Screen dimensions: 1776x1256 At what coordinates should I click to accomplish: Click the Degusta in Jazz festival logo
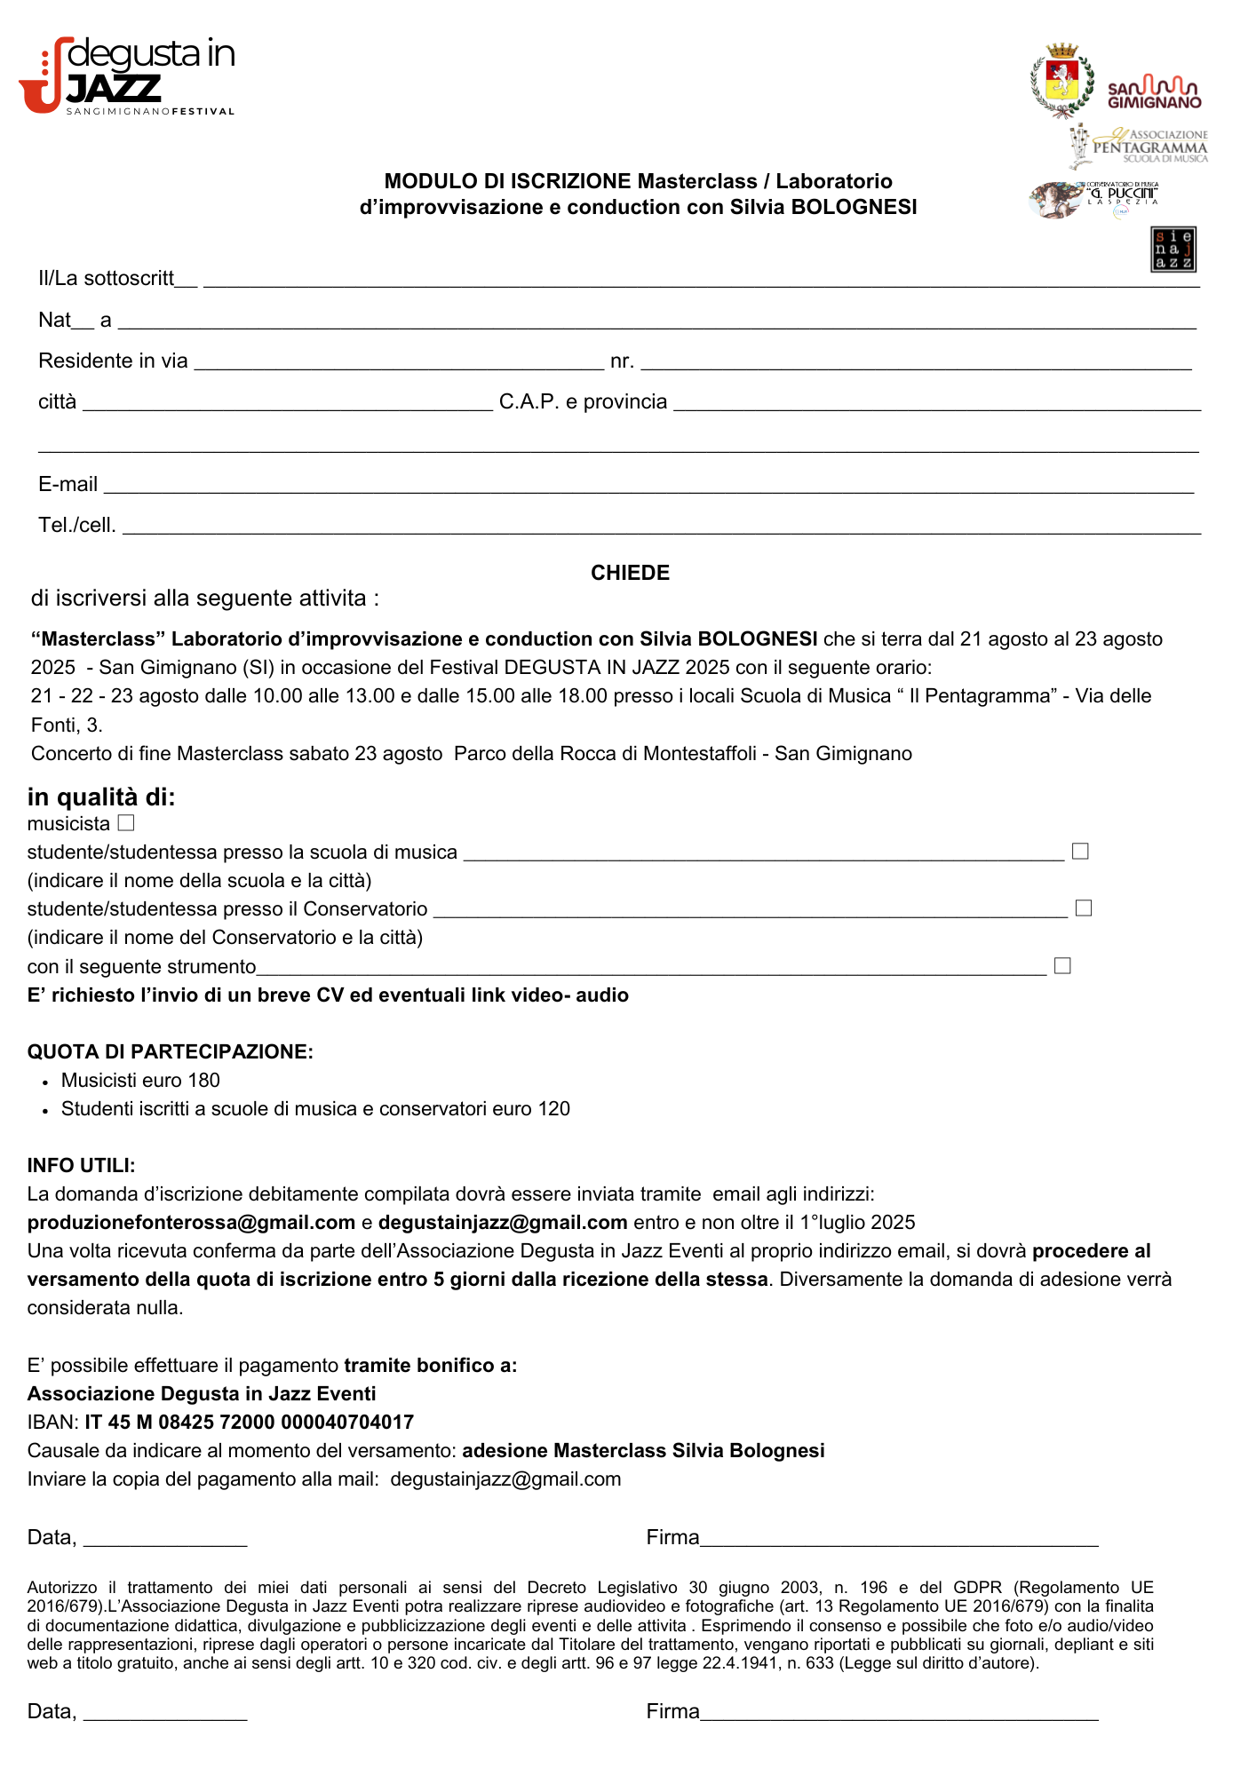[x=126, y=75]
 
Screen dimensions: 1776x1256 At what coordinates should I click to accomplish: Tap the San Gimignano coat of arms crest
[x=1061, y=80]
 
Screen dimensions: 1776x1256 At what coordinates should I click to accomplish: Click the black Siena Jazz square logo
[x=1173, y=250]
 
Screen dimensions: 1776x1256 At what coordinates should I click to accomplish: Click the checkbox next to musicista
[x=126, y=823]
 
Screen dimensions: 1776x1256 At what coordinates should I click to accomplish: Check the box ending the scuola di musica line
[x=1080, y=852]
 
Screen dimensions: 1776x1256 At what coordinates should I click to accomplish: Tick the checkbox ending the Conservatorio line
[x=1084, y=908]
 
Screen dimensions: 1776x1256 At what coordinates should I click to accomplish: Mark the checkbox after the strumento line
[x=1062, y=965]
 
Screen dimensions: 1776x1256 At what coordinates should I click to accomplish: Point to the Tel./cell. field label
[x=77, y=526]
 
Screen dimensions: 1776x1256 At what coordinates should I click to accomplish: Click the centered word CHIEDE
[x=630, y=573]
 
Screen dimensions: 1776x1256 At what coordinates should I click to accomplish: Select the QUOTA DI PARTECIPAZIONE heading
[x=170, y=1052]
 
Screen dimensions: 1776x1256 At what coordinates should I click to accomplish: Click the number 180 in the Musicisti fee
[x=203, y=1081]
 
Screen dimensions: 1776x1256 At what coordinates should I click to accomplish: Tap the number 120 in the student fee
[x=553, y=1109]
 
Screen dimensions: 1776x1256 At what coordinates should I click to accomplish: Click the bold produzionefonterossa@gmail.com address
[x=191, y=1223]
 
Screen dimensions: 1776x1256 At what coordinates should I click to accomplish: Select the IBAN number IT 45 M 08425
[x=250, y=1423]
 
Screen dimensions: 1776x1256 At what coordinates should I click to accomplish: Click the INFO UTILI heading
[x=81, y=1166]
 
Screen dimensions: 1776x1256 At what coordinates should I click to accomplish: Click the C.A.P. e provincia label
[x=583, y=402]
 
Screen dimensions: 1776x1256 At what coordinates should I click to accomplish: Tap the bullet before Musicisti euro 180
[x=45, y=1082]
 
